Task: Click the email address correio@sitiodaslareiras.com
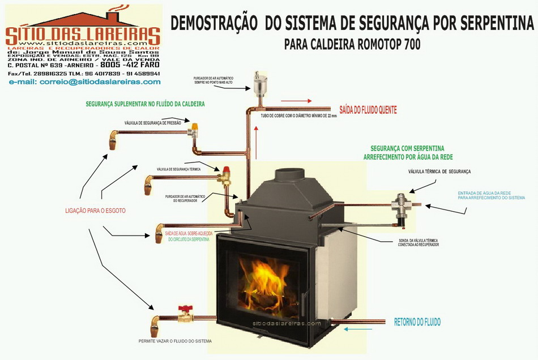pos(84,82)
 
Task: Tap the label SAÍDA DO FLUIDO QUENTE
pos(368,110)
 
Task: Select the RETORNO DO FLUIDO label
pos(417,322)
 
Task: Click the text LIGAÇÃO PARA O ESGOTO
pos(95,211)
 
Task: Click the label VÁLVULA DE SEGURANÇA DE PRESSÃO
pos(153,122)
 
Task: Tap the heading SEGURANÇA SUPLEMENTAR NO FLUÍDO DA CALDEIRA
pos(146,104)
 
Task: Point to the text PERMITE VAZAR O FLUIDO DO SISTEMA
pos(175,341)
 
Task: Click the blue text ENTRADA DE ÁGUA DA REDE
pos(491,193)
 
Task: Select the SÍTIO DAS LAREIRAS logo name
pos(83,35)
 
